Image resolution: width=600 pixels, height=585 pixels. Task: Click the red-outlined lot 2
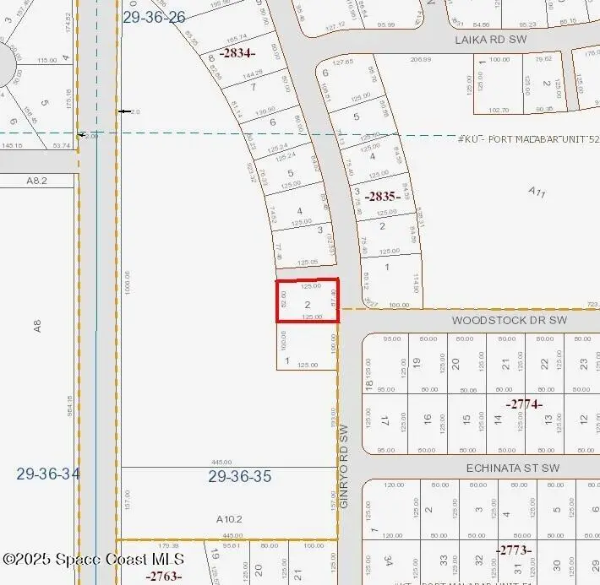[308, 301]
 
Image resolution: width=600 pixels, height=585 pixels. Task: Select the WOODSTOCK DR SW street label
[510, 321]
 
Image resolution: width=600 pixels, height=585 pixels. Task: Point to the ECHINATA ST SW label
[514, 468]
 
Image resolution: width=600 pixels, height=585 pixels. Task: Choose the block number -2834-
[239, 52]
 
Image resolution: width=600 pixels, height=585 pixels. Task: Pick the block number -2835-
[382, 197]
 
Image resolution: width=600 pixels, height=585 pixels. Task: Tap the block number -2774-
[524, 404]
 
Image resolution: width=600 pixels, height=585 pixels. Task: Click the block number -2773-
[515, 550]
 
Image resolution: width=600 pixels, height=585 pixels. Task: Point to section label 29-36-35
[240, 477]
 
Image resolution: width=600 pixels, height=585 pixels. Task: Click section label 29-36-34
[48, 474]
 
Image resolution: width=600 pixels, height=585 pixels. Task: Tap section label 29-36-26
[154, 16]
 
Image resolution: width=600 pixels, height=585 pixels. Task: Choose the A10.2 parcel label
[229, 519]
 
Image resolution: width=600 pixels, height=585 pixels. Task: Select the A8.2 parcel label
[35, 181]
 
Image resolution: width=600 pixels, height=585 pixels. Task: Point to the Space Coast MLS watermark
[93, 560]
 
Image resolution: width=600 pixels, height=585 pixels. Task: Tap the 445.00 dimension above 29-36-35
[221, 463]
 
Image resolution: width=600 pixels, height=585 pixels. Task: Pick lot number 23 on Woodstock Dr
[583, 365]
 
